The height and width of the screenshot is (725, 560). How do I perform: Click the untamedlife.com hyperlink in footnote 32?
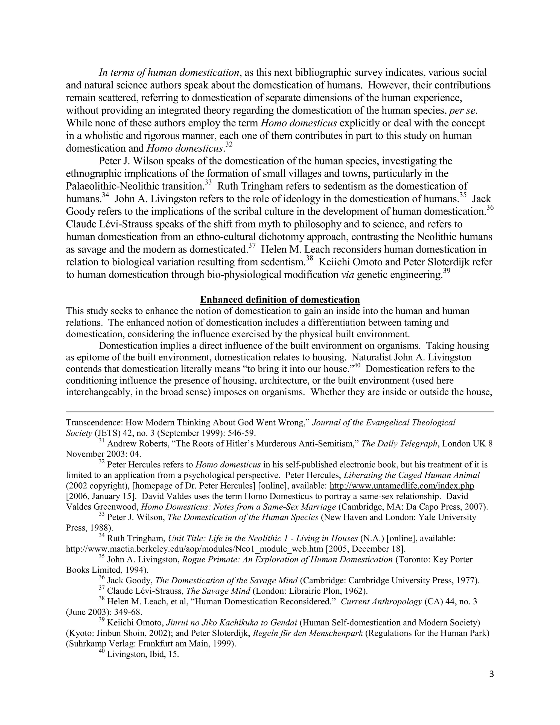coord(401,486)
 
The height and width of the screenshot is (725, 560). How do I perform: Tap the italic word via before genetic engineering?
coord(347,275)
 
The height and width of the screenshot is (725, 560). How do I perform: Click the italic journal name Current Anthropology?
coord(381,602)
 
